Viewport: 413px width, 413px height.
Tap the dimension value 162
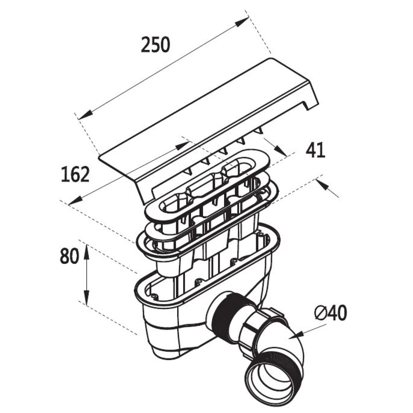click(75, 174)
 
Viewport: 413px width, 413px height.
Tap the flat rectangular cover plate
click(206, 114)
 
